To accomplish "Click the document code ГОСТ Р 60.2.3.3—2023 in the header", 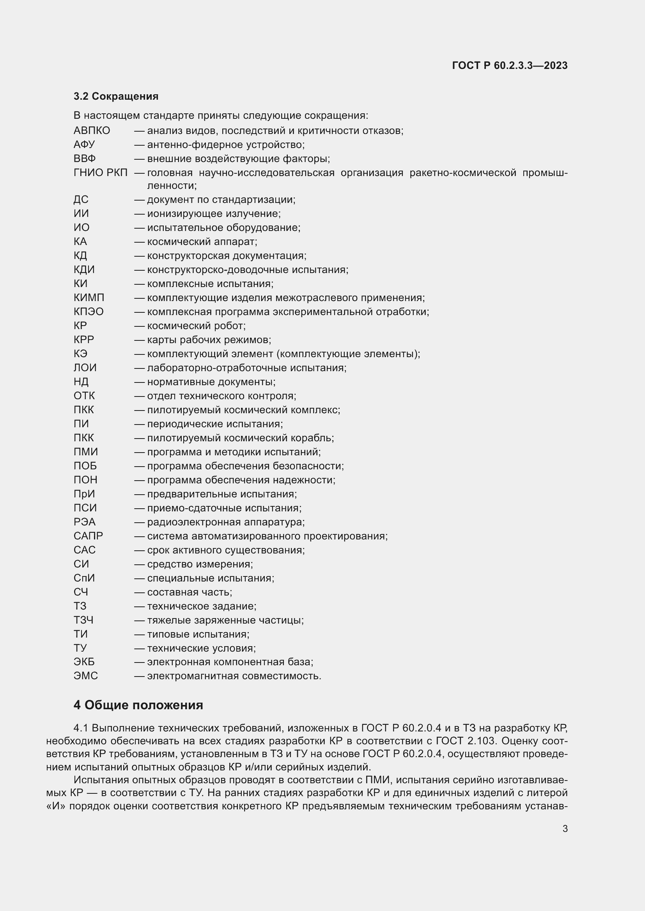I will coord(510,65).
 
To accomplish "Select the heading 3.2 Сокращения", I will coord(116,97).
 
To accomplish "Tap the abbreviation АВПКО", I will coord(92,130).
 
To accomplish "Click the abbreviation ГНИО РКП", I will coord(101,173).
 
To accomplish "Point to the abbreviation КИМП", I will coord(89,298).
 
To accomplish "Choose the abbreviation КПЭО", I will coord(89,312).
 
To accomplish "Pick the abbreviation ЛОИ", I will coord(85,368).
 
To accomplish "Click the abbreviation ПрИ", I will coord(84,494).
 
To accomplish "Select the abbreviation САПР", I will coord(88,536).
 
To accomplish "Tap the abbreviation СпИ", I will coord(84,578).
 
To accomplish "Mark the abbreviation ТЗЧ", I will coord(83,620).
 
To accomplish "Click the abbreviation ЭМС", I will coord(86,676).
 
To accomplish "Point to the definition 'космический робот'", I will coord(196,326).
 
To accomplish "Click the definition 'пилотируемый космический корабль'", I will coord(240,438).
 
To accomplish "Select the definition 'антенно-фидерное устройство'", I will coord(225,145).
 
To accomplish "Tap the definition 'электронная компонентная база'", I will coord(230,662).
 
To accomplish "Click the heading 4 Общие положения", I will coord(138,705).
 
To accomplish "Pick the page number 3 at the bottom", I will coord(565,829).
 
